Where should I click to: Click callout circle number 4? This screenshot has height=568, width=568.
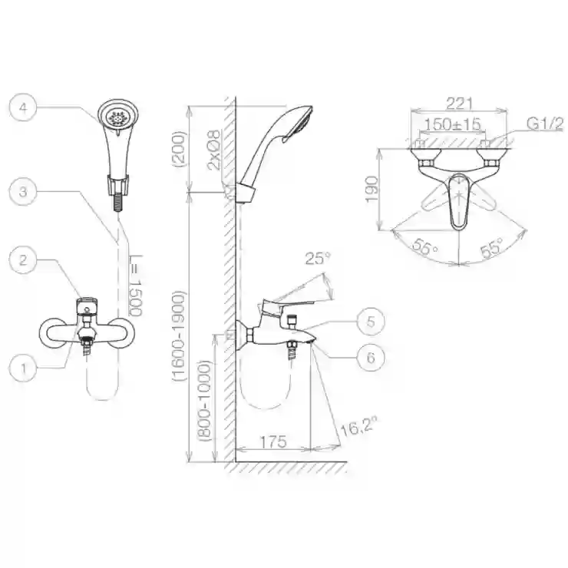(x=23, y=107)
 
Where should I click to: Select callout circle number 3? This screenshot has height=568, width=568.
(x=23, y=192)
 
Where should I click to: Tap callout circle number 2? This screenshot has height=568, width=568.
(x=23, y=259)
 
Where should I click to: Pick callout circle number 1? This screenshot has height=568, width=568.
(x=23, y=368)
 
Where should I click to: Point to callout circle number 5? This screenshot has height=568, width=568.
(x=371, y=322)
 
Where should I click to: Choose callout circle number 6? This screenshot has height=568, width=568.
(x=371, y=358)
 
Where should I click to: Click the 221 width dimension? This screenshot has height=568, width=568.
(x=459, y=104)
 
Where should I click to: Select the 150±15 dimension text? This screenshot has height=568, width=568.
(x=452, y=124)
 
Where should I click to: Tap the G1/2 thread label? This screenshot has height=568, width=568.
(x=545, y=124)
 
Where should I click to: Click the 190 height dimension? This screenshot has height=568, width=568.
(x=372, y=189)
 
